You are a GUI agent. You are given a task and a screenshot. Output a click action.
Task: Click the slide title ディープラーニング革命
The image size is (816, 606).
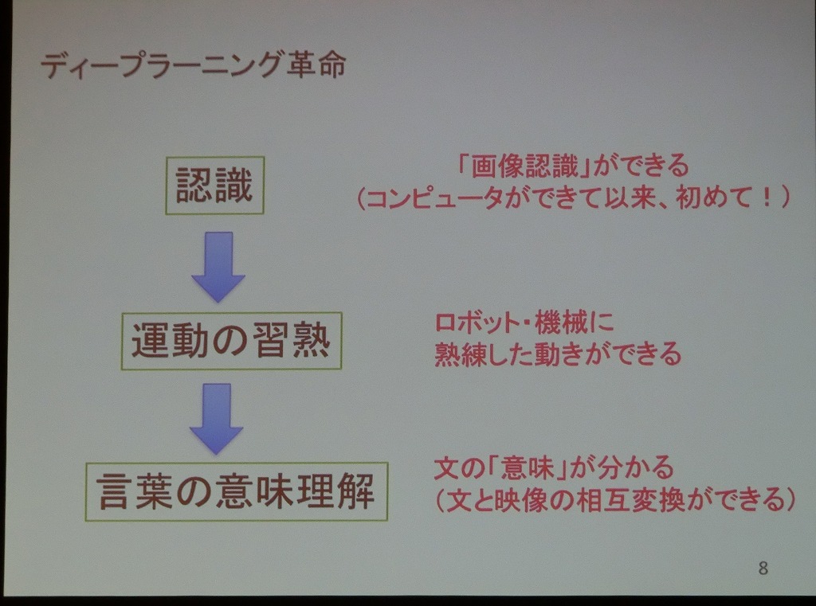193,65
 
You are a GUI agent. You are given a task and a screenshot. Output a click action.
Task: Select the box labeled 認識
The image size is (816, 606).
215,186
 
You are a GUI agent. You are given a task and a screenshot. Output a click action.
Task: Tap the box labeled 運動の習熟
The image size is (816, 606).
232,341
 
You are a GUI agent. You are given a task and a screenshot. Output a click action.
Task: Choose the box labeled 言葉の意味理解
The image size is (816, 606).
236,491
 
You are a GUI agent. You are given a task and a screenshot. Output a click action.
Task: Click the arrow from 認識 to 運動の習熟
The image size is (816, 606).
218,266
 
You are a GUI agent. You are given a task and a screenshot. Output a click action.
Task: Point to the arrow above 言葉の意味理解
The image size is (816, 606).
217,419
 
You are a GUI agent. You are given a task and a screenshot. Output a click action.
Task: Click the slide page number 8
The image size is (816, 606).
763,568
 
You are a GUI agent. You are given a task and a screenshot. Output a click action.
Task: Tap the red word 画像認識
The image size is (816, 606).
524,166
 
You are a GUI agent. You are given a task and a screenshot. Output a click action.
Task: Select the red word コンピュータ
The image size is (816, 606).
435,198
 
